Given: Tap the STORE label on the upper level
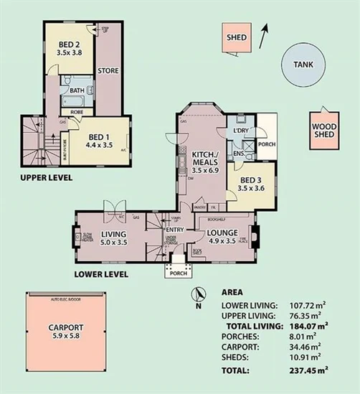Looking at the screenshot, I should (x=108, y=70).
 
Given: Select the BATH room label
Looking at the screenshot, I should (x=75, y=91).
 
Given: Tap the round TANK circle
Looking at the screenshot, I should (x=303, y=65).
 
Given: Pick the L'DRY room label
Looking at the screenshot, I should (x=238, y=131).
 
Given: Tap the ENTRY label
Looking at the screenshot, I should (x=174, y=230).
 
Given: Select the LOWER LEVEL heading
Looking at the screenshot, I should (x=101, y=273).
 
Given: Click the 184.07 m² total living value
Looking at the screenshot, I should (x=303, y=326).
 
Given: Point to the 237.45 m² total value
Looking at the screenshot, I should (x=303, y=372).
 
